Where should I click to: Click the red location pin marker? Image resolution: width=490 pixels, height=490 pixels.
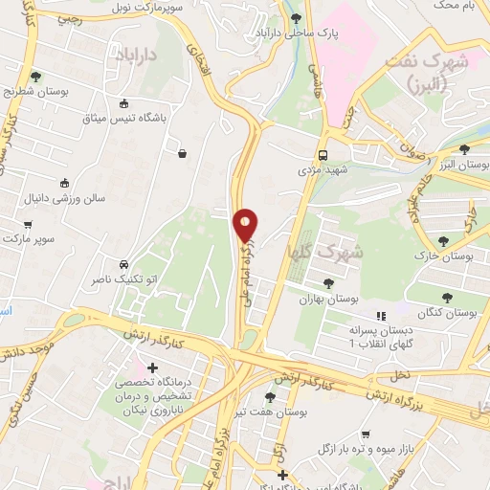click(246, 226)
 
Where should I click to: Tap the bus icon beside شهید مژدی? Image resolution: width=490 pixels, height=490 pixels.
click(323, 154)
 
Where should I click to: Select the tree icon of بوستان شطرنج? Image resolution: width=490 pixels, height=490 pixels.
click(35, 76)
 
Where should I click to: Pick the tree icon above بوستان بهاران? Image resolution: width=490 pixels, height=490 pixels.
click(328, 283)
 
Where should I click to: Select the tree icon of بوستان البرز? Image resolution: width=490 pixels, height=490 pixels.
click(464, 148)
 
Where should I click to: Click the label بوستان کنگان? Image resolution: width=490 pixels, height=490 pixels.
click(448, 313)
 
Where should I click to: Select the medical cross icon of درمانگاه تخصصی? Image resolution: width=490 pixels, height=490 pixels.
click(151, 367)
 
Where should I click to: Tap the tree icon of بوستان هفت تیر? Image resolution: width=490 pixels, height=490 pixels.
click(271, 396)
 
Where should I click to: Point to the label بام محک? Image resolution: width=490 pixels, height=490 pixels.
click(456, 5)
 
